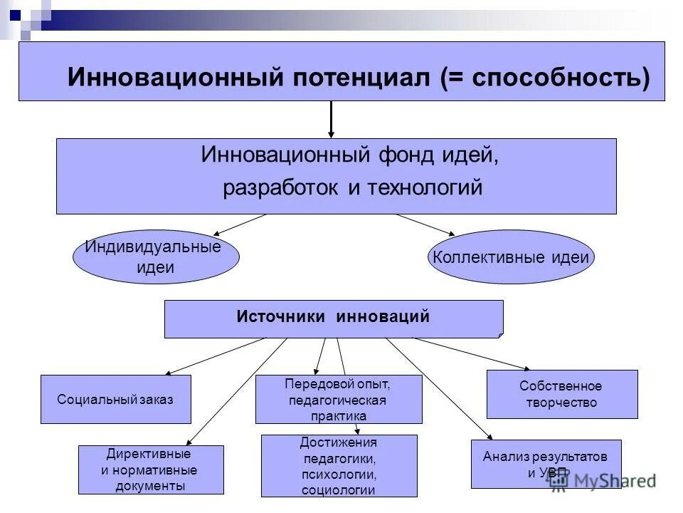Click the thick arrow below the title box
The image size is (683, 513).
331,119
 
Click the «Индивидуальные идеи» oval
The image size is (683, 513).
156,257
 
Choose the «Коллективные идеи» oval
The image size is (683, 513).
511,257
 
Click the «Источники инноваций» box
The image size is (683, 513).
333,318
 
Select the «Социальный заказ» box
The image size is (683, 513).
115,399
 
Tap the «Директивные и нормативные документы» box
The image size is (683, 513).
151,470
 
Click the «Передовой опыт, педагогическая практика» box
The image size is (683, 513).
338,399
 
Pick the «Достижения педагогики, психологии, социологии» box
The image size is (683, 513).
339,465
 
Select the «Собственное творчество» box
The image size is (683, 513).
561,394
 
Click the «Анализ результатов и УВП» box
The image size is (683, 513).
546,464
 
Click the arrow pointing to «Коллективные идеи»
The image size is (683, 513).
425,224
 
